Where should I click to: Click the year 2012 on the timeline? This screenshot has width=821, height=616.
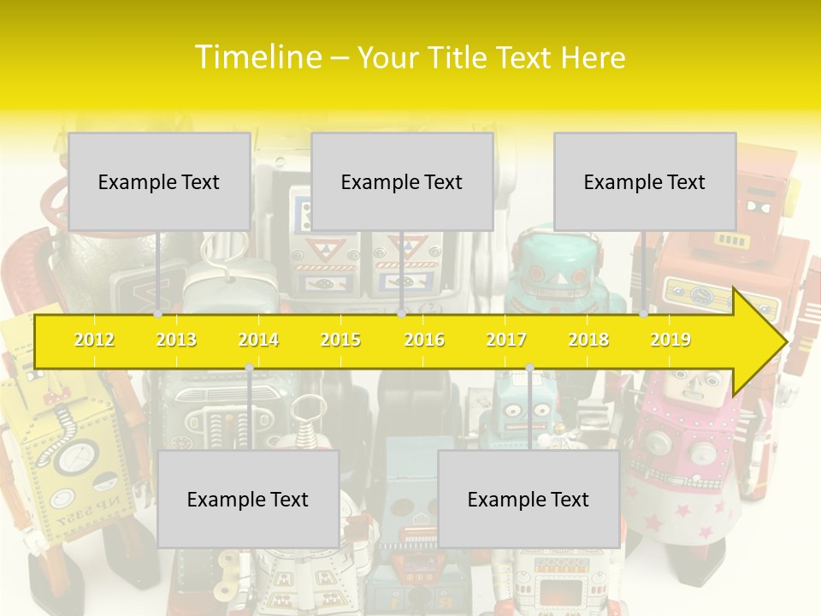94,340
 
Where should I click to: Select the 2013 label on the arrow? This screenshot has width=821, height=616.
176,340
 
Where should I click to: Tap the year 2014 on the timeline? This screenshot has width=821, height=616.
258,340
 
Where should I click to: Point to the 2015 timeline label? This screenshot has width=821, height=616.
340,340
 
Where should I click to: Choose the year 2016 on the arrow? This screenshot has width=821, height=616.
424,340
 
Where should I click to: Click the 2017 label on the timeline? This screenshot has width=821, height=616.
506,340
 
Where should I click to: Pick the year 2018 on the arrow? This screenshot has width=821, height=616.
588,340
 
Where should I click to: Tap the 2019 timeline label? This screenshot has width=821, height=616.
670,340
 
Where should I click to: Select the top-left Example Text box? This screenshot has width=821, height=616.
159,181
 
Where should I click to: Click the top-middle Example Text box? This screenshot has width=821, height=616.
402,181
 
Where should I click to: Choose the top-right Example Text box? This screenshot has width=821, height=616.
645,181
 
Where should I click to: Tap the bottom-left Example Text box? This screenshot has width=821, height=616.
248,499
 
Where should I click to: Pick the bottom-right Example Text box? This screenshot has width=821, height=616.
529,499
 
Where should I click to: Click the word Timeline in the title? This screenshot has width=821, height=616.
257,57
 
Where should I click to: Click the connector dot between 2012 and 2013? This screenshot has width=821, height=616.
157,314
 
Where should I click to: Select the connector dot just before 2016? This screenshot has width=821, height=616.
401,314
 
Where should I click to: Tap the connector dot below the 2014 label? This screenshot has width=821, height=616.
249,368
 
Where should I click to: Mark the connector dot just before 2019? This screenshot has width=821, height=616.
644,314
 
